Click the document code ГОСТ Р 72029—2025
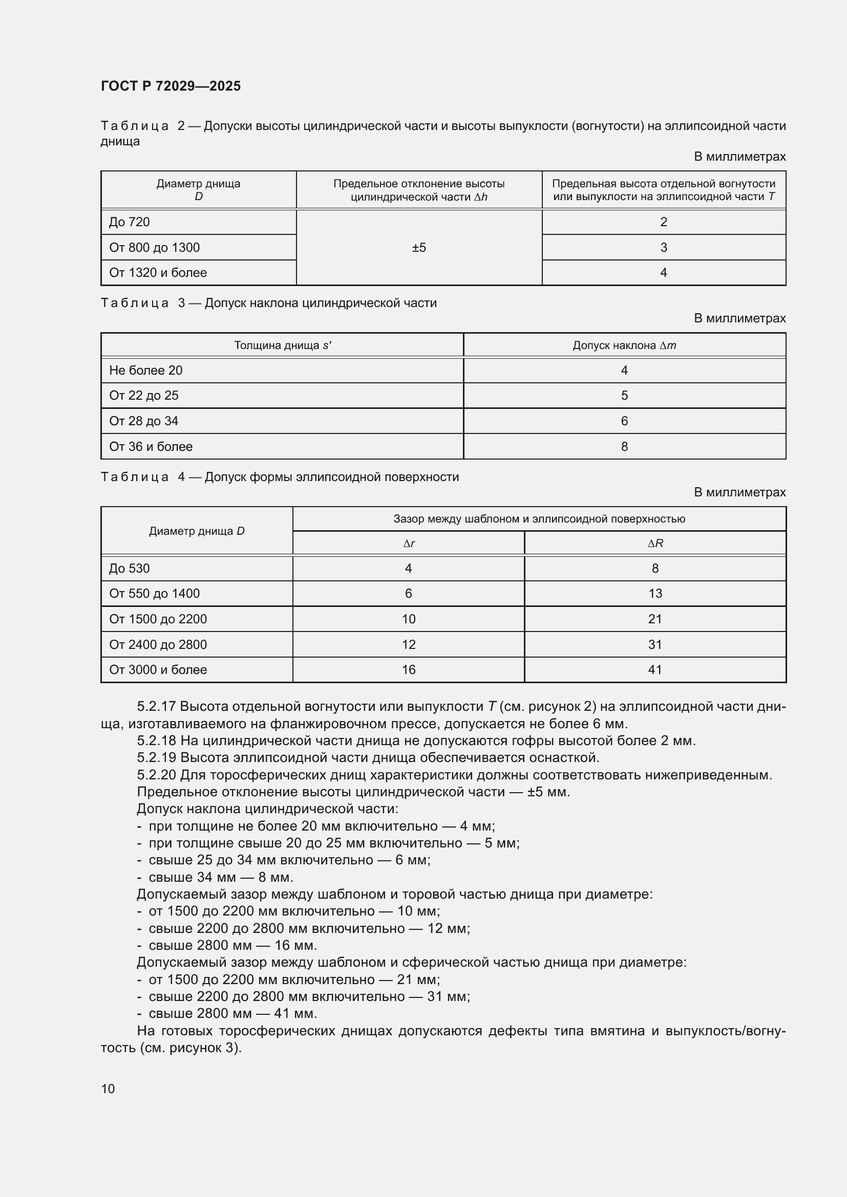click(171, 86)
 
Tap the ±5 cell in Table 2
click(419, 248)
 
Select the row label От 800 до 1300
click(154, 248)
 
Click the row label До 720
click(130, 222)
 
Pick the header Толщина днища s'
click(283, 345)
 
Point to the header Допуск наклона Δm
click(624, 345)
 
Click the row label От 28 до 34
click(143, 421)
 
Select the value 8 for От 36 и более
click(624, 447)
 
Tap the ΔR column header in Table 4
click(655, 543)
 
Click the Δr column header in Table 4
click(409, 543)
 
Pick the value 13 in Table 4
click(655, 593)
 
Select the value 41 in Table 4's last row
click(655, 670)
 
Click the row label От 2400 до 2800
click(158, 645)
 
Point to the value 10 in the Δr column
click(409, 619)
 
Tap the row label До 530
click(130, 568)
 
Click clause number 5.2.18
click(157, 741)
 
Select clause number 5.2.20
click(157, 775)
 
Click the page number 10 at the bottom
click(108, 1089)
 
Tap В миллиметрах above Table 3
click(739, 318)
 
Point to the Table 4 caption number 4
click(181, 477)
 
